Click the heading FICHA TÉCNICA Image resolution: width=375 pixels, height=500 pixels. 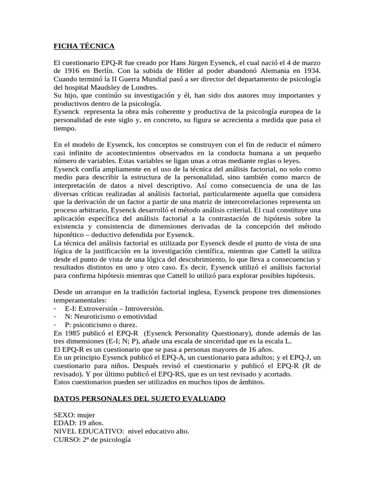coord(84,46)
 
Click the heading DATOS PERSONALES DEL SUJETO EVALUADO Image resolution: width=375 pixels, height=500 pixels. coord(139,399)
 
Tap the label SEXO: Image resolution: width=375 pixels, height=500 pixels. coord(64,415)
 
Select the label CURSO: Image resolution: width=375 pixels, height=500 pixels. coord(66,439)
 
